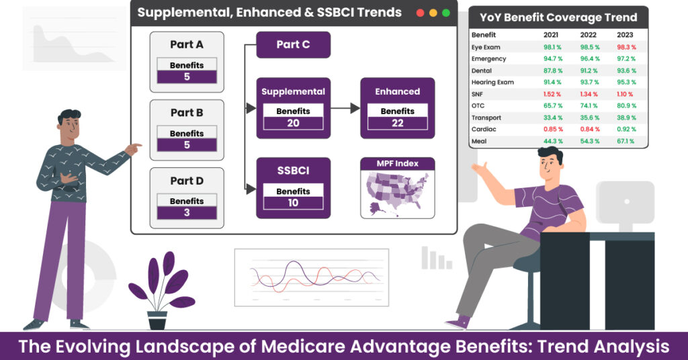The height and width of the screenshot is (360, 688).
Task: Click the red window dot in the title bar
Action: (420, 13)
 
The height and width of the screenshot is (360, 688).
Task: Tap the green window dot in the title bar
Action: (446, 13)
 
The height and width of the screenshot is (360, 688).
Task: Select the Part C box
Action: (293, 45)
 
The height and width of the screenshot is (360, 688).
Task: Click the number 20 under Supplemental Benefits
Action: (293, 123)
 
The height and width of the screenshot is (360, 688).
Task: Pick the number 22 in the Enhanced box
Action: (398, 123)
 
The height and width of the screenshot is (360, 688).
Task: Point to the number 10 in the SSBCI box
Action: (293, 203)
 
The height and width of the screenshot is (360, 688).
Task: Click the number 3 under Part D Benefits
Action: (187, 213)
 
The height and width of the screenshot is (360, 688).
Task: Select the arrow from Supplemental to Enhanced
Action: (345, 108)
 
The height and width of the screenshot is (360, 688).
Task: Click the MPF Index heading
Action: (398, 164)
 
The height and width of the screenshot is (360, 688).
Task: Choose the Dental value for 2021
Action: (553, 71)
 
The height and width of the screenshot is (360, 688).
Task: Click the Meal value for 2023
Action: (626, 141)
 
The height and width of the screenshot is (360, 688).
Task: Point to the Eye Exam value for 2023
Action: (626, 47)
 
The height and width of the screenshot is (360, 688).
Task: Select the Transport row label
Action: (486, 118)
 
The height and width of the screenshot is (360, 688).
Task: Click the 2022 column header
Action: (589, 35)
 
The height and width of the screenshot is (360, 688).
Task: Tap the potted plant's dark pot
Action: (157, 320)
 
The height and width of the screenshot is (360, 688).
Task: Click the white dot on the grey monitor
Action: (627, 201)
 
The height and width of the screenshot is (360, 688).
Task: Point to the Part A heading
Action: (187, 45)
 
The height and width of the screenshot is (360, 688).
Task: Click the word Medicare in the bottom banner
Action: (299, 347)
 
